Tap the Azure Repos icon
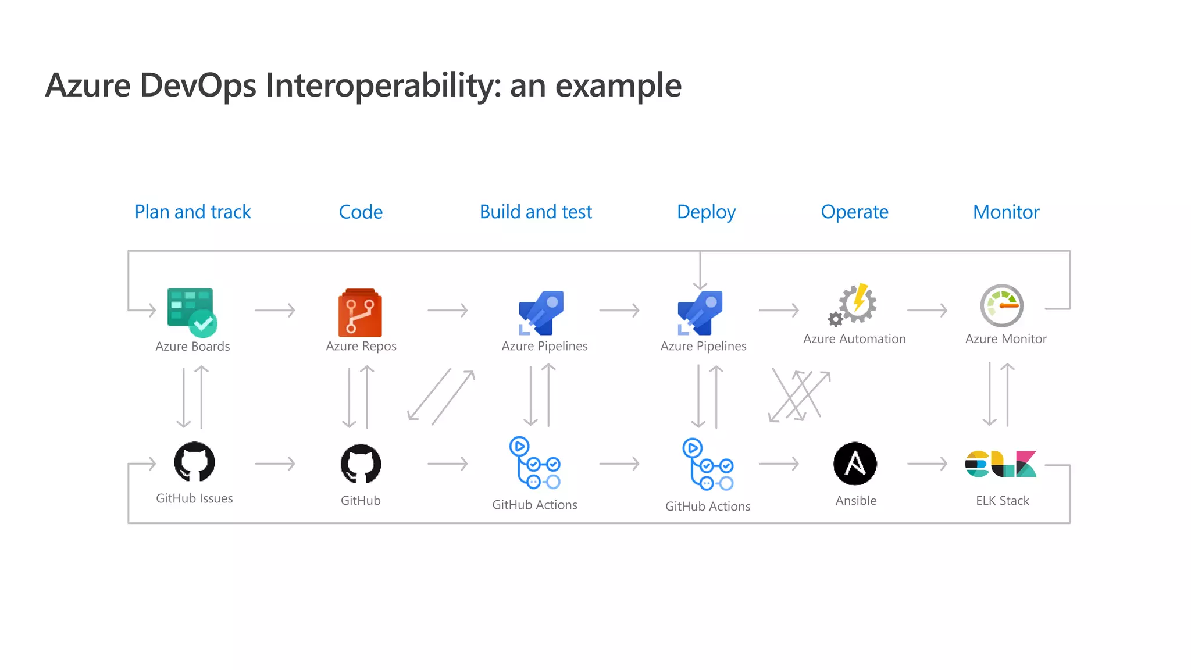[360, 312]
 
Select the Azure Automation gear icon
[854, 304]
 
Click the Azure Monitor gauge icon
[1001, 305]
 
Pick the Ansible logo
[855, 464]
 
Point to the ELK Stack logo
[1000, 464]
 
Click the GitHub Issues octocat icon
[194, 462]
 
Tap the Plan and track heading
[192, 212]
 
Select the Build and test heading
[535, 212]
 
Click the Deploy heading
[706, 212]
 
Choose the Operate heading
[854, 212]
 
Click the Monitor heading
[1006, 212]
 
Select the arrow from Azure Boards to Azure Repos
[275, 311]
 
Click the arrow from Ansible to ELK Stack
[927, 464]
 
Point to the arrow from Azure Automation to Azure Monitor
[927, 311]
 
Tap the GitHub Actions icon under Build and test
[534, 463]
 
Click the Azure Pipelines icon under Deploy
[700, 313]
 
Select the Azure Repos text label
[361, 346]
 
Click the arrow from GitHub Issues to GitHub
[275, 464]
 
